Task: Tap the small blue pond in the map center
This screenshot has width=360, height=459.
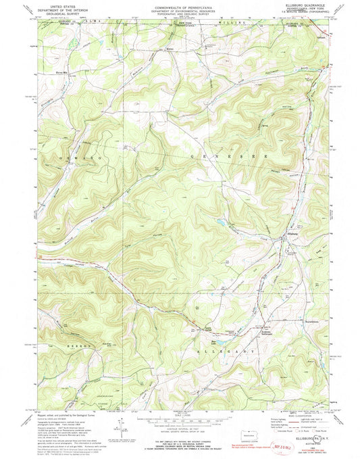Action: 220,221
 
